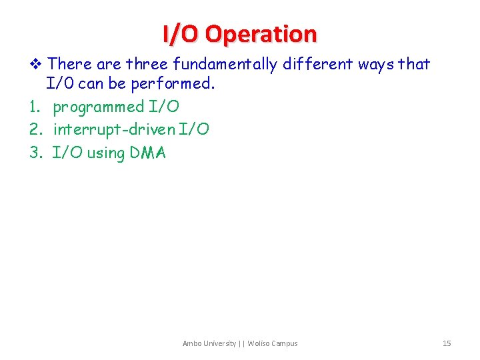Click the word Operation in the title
click(261, 34)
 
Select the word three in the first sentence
click(147, 64)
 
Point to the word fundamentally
click(225, 64)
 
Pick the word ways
click(375, 64)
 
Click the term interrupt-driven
click(115, 129)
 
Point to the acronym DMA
click(148, 153)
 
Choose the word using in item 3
click(106, 153)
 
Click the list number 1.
click(35, 107)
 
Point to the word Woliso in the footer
click(259, 343)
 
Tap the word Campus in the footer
click(285, 343)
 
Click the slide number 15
click(447, 343)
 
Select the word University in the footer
click(219, 343)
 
